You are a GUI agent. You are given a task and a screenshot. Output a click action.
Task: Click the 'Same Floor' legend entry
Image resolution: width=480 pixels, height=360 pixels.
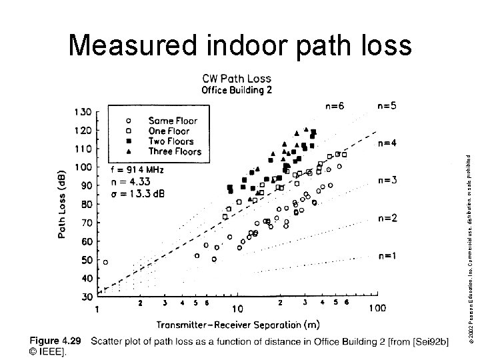(173, 121)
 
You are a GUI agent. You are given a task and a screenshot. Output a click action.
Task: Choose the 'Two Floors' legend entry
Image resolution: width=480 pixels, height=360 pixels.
(171, 141)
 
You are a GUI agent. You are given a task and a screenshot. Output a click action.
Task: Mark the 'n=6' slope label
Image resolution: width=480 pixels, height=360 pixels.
(335, 105)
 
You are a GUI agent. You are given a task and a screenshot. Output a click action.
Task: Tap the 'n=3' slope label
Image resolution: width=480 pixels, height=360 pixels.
(388, 179)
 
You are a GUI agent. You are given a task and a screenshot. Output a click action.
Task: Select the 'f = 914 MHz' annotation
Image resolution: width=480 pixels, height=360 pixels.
(137, 170)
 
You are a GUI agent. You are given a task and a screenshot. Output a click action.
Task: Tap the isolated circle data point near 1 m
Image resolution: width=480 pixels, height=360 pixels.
(105, 262)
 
